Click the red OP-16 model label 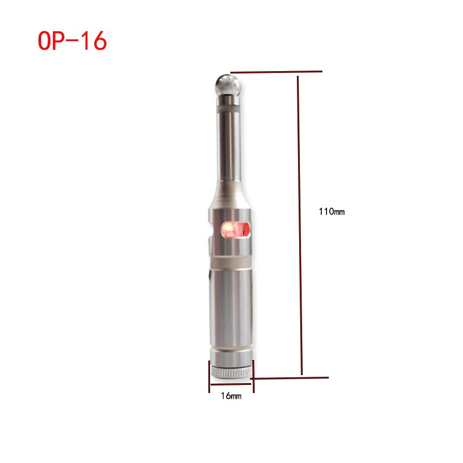pos(72,41)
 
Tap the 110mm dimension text pos(332,211)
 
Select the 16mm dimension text pos(231,396)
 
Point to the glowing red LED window pos(236,229)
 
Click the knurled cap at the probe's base pos(231,372)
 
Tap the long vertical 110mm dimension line pos(300,225)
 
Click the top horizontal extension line pos(276,71)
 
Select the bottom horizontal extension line pos(289,378)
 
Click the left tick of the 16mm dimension pos(209,377)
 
